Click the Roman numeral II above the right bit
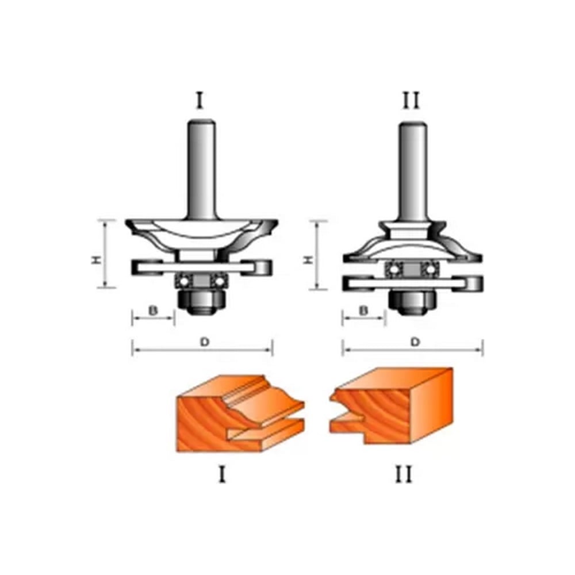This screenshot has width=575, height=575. click(x=411, y=101)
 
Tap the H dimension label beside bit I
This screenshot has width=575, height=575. click(x=95, y=260)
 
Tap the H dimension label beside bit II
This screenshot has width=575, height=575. click(x=308, y=260)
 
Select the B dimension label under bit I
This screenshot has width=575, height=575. click(x=153, y=310)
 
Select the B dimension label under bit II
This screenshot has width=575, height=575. click(x=363, y=310)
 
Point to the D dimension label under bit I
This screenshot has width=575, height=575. click(x=204, y=342)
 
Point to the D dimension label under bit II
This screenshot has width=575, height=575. click(x=415, y=342)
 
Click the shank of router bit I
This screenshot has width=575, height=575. click(x=201, y=168)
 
